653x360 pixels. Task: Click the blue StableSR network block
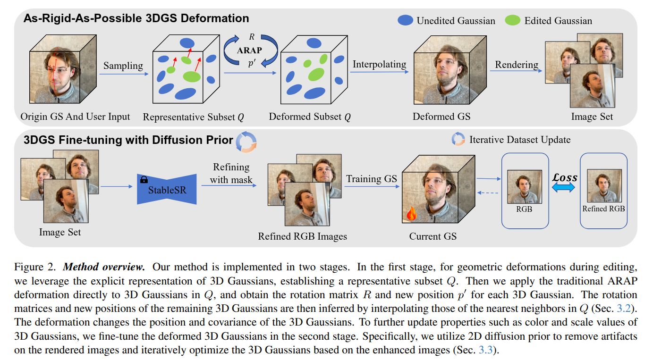[x=167, y=189]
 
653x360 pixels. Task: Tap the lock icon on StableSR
[x=144, y=179]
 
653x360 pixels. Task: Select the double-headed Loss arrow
[x=563, y=187]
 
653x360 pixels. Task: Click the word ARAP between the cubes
[x=249, y=50]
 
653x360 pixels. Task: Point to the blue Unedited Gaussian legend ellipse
[x=405, y=20]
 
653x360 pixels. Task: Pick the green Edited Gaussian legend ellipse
[x=512, y=20]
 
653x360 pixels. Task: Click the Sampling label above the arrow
[x=123, y=66]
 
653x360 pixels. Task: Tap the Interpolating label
[x=379, y=64]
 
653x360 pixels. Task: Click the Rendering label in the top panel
[x=517, y=65]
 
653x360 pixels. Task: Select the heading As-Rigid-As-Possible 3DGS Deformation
[x=136, y=18]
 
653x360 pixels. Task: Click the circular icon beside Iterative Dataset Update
[x=458, y=139]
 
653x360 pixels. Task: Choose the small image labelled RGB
[x=525, y=187]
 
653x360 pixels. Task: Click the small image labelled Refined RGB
[x=604, y=185]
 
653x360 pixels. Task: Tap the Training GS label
[x=372, y=178]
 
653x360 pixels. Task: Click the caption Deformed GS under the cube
[x=441, y=117]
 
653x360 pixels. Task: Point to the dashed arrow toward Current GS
[x=488, y=193]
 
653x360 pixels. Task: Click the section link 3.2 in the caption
[x=624, y=308]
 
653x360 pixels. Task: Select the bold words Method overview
[x=104, y=267]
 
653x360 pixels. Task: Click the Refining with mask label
[x=231, y=173]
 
